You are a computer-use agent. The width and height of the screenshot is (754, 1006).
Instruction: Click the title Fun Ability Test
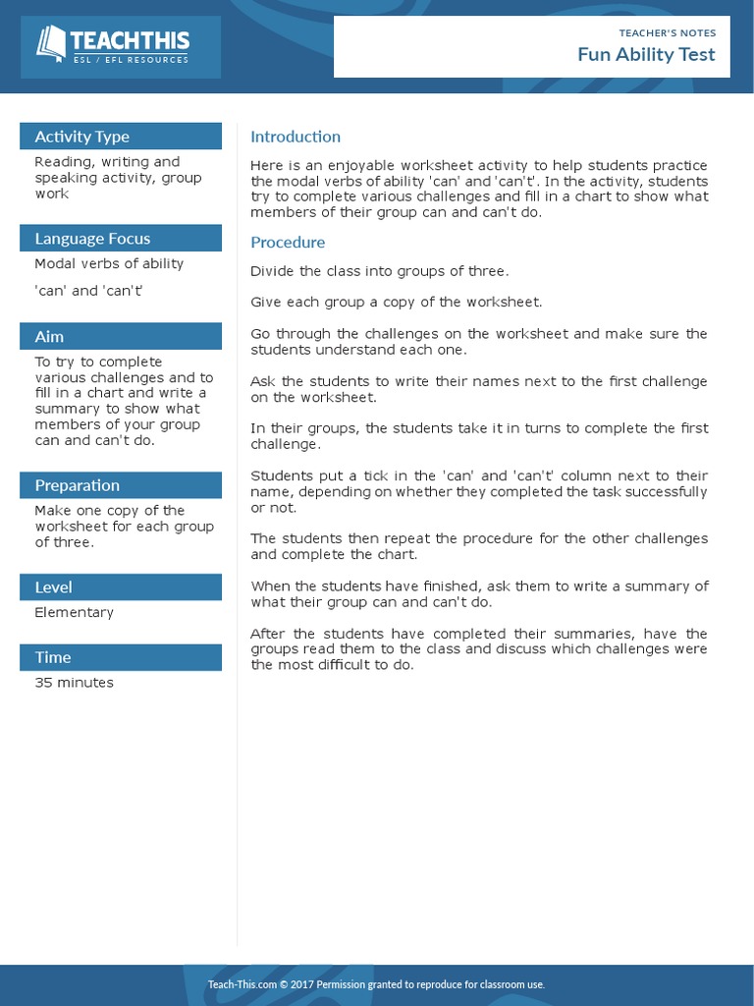click(x=646, y=54)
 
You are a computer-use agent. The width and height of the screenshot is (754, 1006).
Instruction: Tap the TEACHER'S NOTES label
click(x=667, y=32)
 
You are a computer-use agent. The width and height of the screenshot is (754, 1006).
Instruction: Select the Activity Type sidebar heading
click(x=82, y=137)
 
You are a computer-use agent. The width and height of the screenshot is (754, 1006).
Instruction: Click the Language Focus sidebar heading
click(x=92, y=239)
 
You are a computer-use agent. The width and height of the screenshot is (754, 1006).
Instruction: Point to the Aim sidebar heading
click(x=49, y=337)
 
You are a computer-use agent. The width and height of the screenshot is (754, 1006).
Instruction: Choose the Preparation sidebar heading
click(x=77, y=485)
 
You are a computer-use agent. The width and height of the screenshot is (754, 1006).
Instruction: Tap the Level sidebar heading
click(x=53, y=587)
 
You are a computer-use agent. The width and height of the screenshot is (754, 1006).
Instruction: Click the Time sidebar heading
click(x=53, y=657)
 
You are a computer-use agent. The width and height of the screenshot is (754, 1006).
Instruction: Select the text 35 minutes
click(x=74, y=683)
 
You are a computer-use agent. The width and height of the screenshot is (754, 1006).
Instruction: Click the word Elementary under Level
click(x=74, y=612)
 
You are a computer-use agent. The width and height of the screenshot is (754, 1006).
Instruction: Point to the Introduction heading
click(x=296, y=137)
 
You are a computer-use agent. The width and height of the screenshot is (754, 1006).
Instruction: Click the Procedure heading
click(x=288, y=242)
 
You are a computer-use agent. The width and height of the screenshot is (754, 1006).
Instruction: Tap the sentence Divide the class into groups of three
click(x=379, y=271)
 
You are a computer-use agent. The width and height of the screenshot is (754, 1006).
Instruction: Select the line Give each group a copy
click(x=396, y=303)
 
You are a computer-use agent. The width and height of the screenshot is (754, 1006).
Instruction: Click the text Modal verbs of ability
click(x=109, y=263)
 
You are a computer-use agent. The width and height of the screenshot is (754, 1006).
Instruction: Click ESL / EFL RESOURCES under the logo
click(x=131, y=60)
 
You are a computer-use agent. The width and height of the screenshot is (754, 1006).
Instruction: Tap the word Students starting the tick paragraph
click(x=280, y=475)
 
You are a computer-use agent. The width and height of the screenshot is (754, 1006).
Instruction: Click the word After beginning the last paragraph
click(x=267, y=634)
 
